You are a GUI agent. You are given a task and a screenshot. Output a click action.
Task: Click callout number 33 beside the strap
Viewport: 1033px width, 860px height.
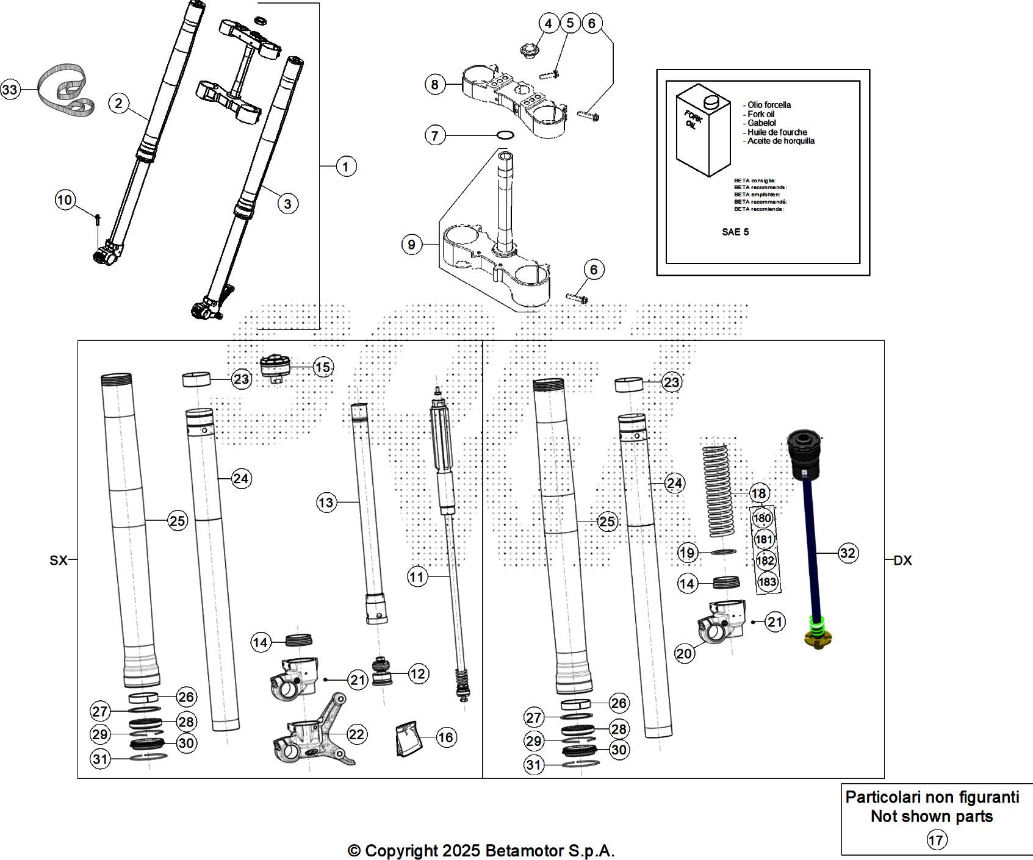tap(10, 90)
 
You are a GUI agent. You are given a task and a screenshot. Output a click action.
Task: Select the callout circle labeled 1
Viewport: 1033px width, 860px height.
tap(346, 166)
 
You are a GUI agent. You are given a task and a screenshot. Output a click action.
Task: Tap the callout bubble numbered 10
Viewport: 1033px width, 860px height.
tap(65, 199)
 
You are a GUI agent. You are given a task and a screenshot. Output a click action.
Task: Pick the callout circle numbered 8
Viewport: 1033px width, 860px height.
tap(434, 84)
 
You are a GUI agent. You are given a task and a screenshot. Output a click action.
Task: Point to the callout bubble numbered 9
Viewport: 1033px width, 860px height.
tap(412, 245)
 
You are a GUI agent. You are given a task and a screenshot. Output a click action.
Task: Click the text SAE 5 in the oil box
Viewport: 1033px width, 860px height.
tap(735, 232)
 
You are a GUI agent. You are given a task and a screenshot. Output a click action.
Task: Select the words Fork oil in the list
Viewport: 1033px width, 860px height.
tap(761, 114)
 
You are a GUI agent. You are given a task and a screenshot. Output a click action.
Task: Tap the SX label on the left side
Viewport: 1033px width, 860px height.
tap(58, 560)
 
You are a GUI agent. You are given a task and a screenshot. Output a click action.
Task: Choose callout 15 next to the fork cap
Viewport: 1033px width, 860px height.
tap(323, 367)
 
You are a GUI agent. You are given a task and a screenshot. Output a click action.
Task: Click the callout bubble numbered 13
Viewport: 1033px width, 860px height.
tap(326, 502)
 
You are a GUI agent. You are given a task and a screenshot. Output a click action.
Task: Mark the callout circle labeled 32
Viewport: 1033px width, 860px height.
tap(848, 553)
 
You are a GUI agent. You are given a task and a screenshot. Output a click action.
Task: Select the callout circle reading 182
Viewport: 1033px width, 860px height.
tap(765, 561)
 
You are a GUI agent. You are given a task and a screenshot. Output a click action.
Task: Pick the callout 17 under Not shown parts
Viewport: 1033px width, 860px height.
tap(935, 840)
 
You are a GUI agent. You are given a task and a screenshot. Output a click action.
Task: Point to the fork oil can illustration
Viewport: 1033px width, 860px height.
tap(703, 131)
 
